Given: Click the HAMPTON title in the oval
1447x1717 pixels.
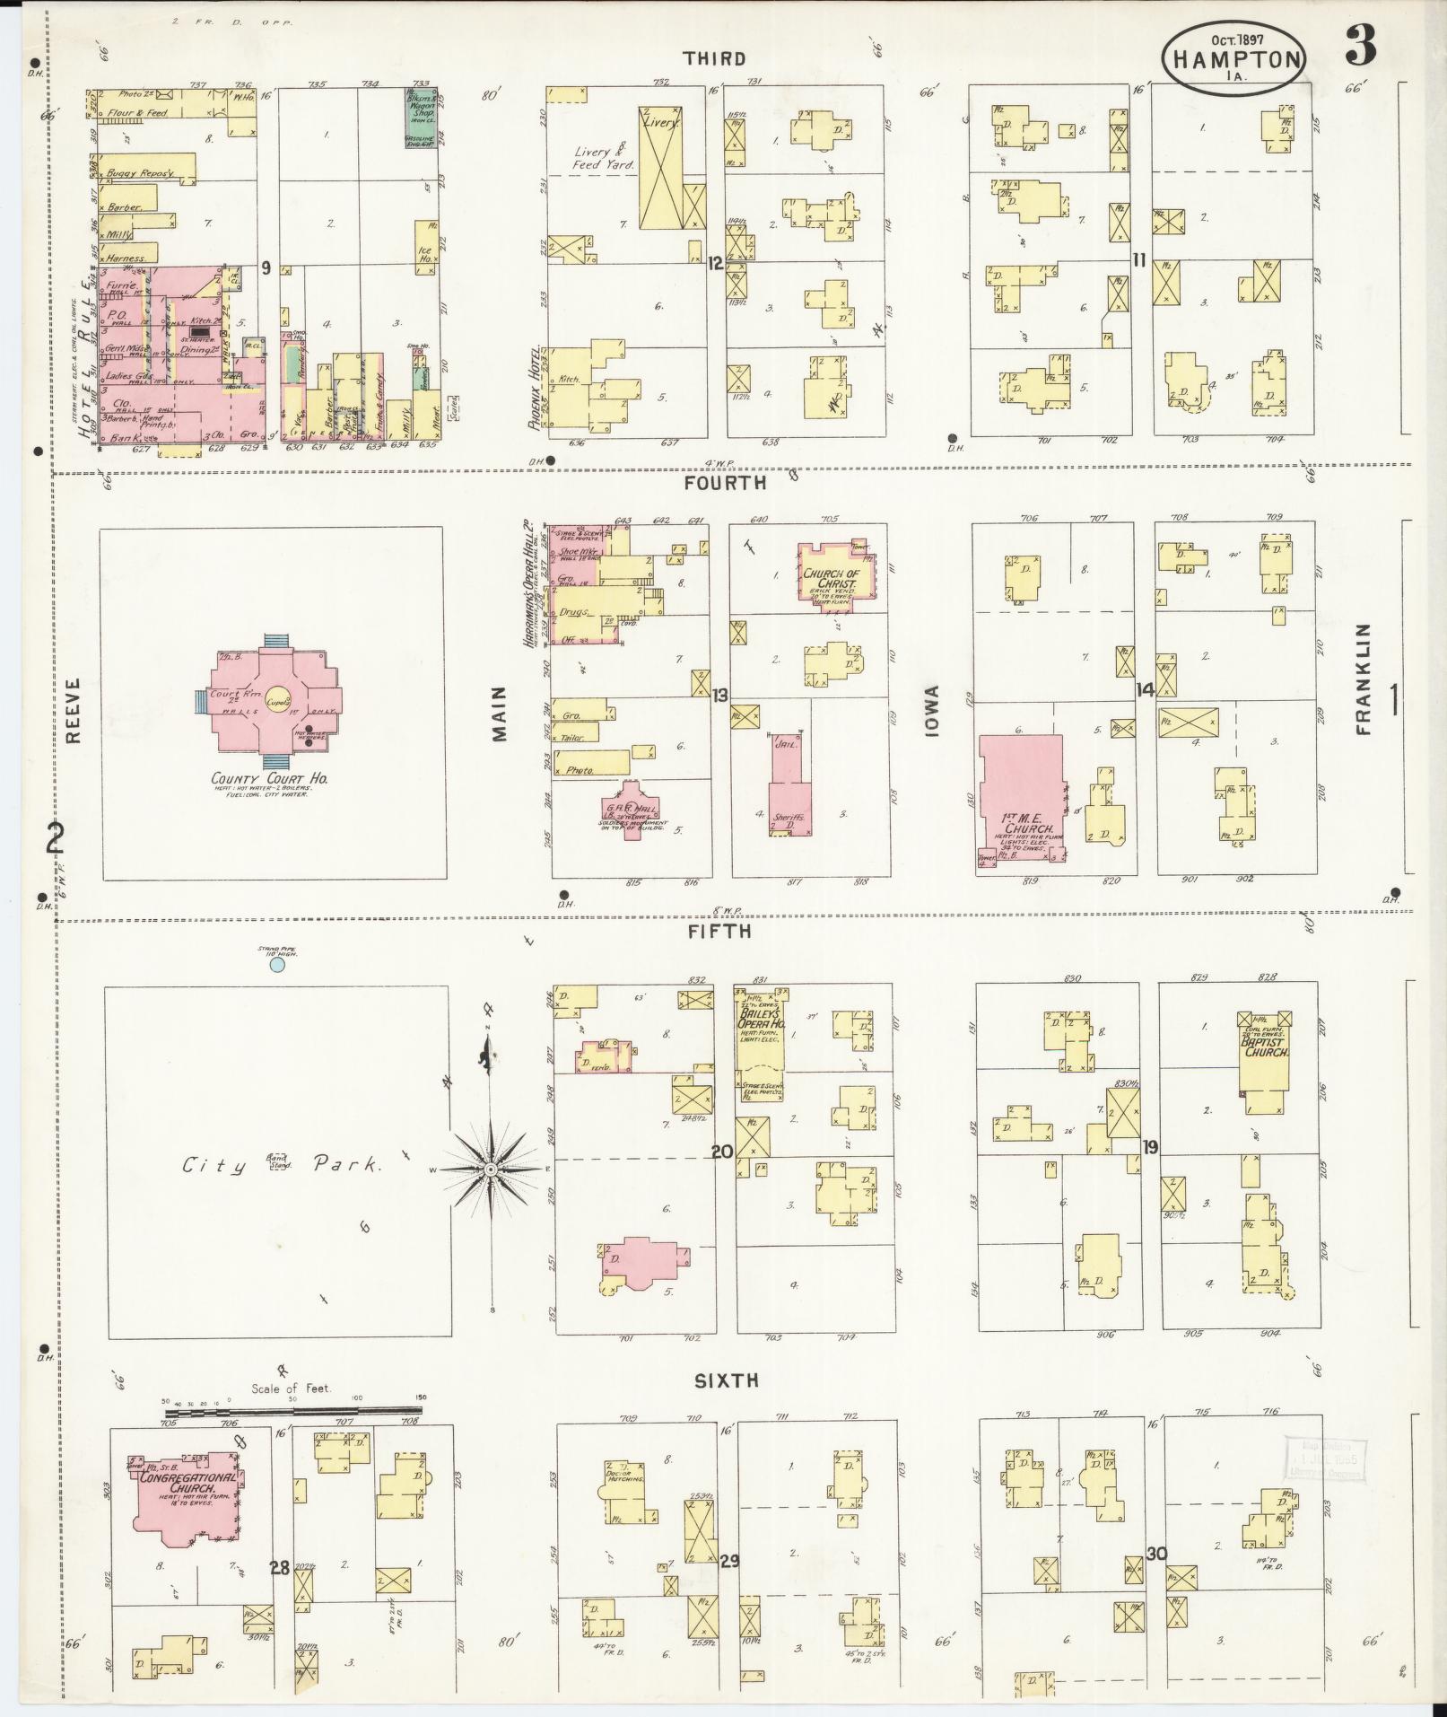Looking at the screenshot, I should coord(1234,59).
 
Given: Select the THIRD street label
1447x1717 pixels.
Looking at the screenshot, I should coord(714,59).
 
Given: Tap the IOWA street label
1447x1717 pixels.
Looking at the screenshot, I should coord(931,712).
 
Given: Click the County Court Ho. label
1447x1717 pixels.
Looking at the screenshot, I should coord(269,779).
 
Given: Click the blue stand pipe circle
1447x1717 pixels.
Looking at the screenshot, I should coord(277,964).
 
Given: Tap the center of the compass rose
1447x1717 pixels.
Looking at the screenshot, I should coord(491,1171).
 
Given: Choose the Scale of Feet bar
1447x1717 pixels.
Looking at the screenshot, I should coord(292,1412).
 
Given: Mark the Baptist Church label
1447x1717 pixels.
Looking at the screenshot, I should coord(1265,1046).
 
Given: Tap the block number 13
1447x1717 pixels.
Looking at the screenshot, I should coord(719,694).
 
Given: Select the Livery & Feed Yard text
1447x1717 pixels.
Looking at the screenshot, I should coord(604,158).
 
